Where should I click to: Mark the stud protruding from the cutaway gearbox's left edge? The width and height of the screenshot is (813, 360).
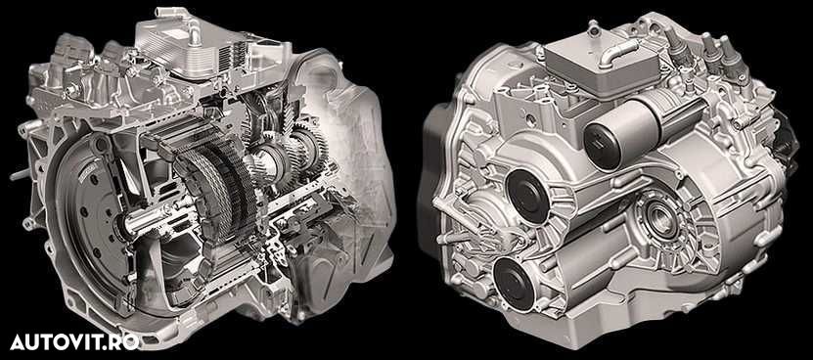point(21,175)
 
